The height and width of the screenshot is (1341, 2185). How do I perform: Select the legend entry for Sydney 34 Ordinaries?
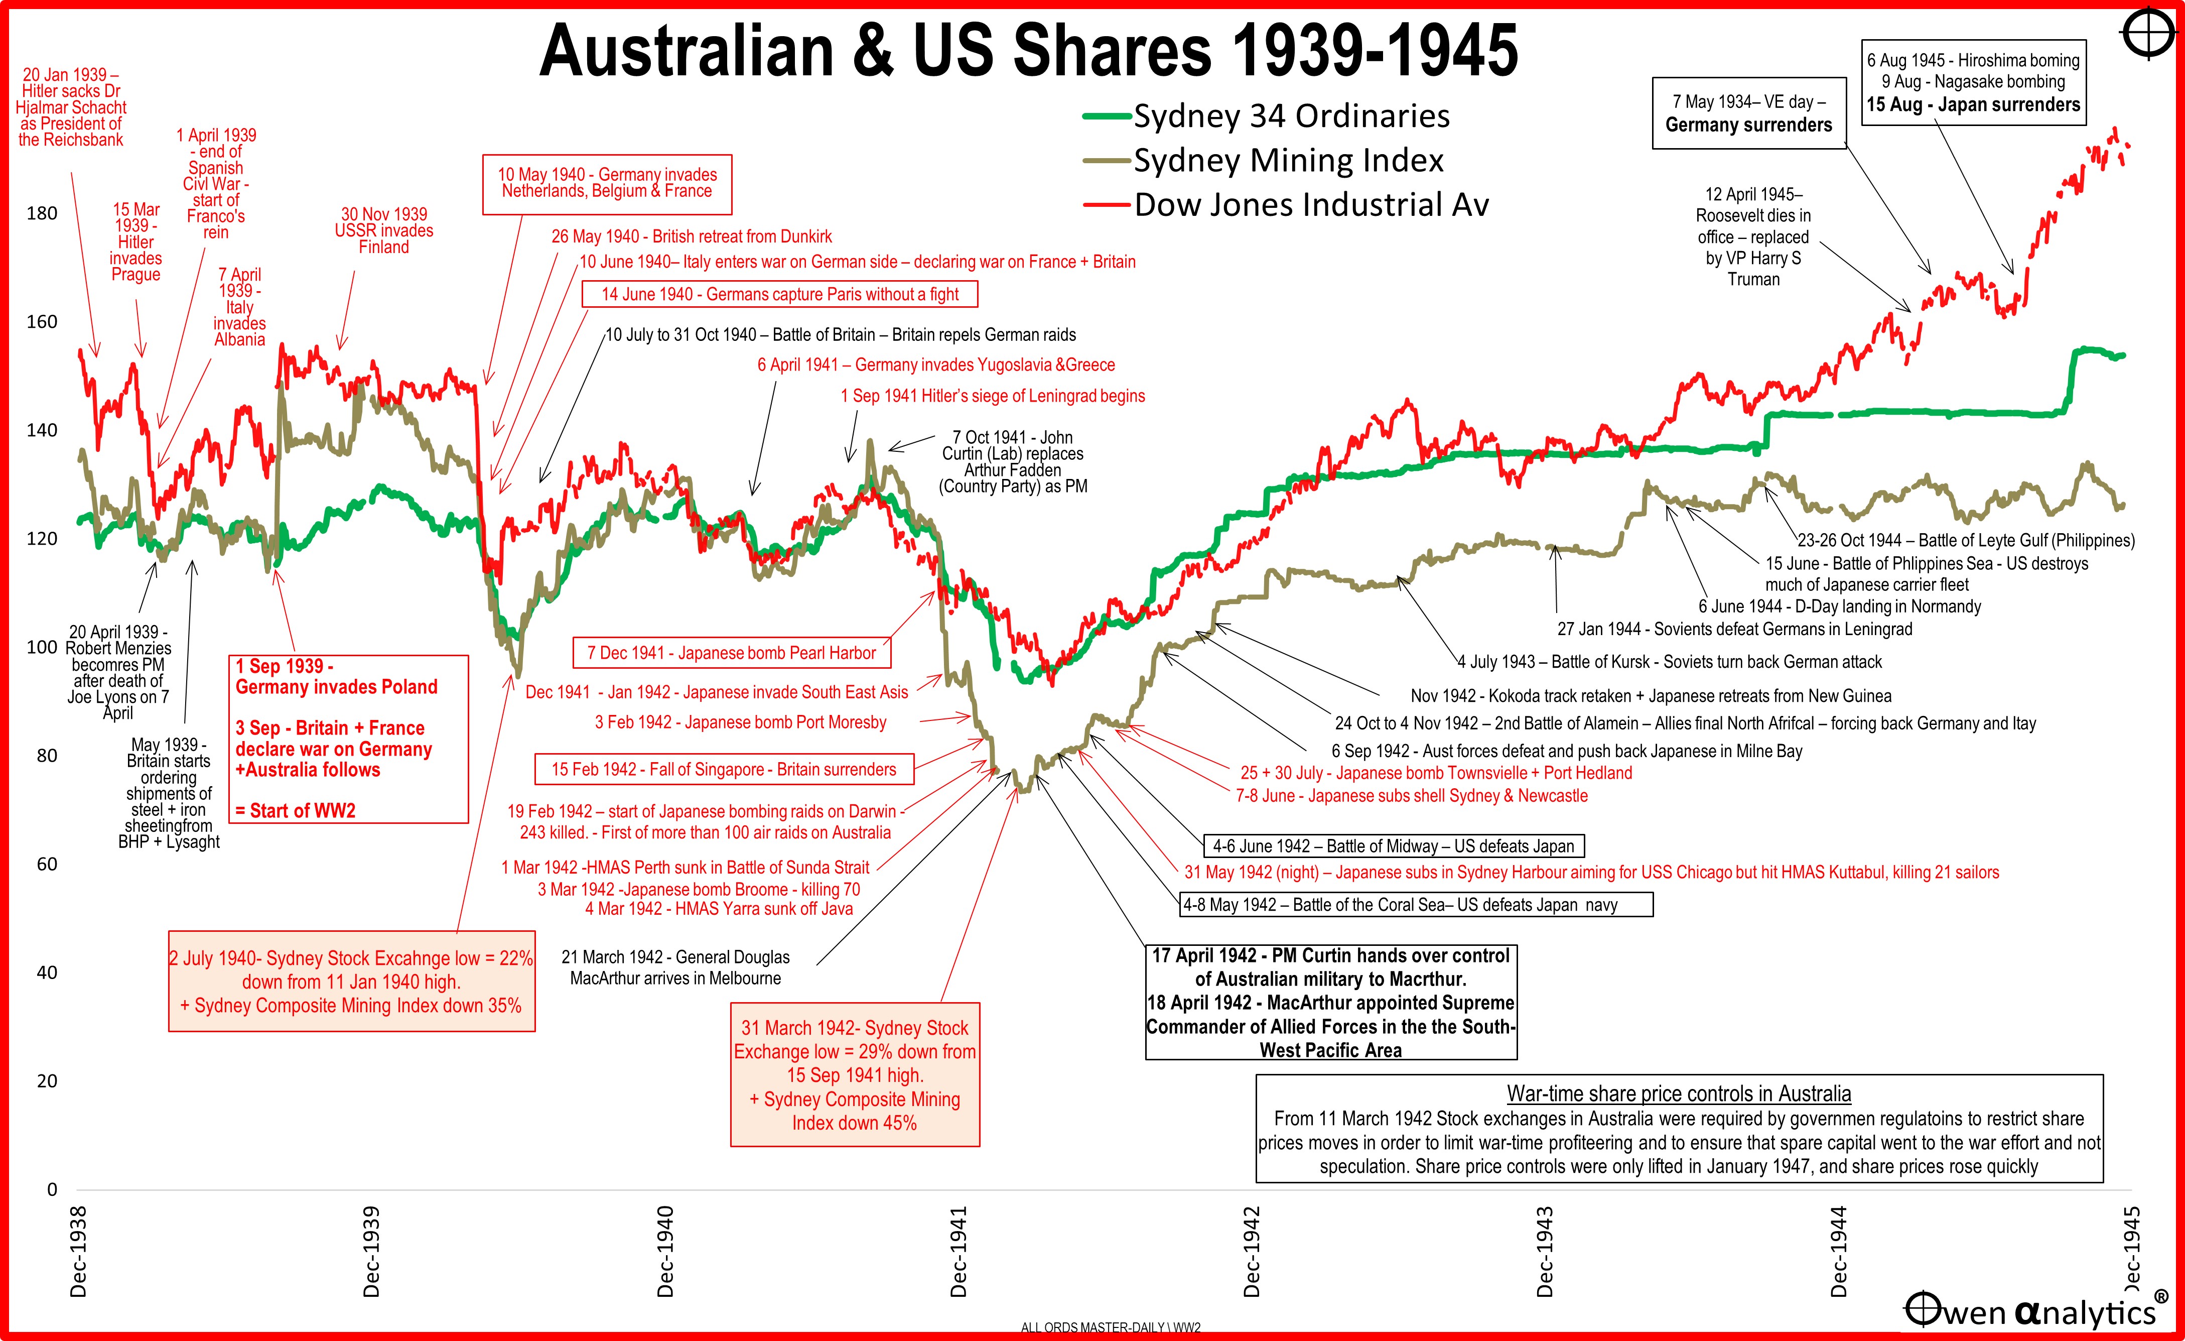[x=1291, y=116]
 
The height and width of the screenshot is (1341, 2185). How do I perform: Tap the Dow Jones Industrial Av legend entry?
[x=1311, y=205]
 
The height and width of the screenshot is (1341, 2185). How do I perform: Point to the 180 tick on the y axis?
[x=42, y=213]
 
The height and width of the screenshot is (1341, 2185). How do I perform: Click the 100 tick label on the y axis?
[x=42, y=647]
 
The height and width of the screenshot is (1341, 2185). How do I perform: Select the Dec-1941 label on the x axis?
[x=959, y=1251]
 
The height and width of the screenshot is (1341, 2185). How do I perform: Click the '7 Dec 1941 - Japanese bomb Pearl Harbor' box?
[x=732, y=653]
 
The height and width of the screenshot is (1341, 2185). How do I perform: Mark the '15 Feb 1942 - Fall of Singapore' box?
[x=724, y=769]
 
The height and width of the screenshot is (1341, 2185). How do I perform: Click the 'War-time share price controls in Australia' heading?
[x=1679, y=1093]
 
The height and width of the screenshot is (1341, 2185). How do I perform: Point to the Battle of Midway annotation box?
[x=1393, y=846]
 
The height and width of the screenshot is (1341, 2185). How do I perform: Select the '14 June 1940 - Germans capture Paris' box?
[x=779, y=294]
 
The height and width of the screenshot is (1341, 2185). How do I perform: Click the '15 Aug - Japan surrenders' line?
[x=1972, y=104]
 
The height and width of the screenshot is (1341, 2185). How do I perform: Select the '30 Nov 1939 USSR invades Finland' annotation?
[x=384, y=230]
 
